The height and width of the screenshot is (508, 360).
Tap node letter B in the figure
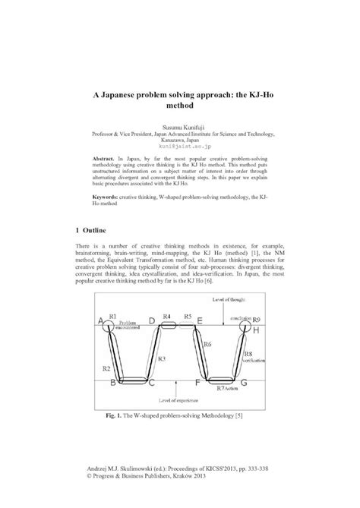113,381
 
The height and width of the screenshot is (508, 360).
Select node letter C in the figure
152,381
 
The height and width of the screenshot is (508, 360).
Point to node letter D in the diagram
152,322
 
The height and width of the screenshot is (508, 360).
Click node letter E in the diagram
200,322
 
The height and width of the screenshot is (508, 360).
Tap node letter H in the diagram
256,331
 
